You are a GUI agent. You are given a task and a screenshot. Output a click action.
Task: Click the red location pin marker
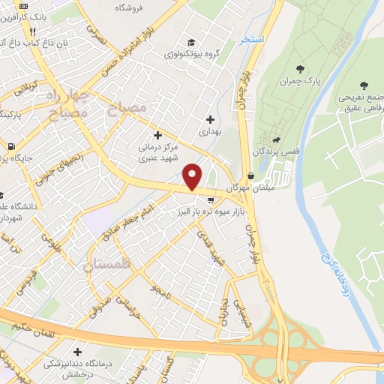(193, 177)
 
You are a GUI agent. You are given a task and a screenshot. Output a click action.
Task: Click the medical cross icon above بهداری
(210, 118)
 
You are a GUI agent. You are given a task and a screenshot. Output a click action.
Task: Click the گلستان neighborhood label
(108, 265)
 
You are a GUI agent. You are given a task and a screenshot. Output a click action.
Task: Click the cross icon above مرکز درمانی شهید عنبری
(157, 135)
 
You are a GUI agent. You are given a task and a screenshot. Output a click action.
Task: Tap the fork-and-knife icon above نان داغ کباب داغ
(31, 32)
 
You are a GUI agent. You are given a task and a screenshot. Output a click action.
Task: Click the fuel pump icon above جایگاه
(10, 146)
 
